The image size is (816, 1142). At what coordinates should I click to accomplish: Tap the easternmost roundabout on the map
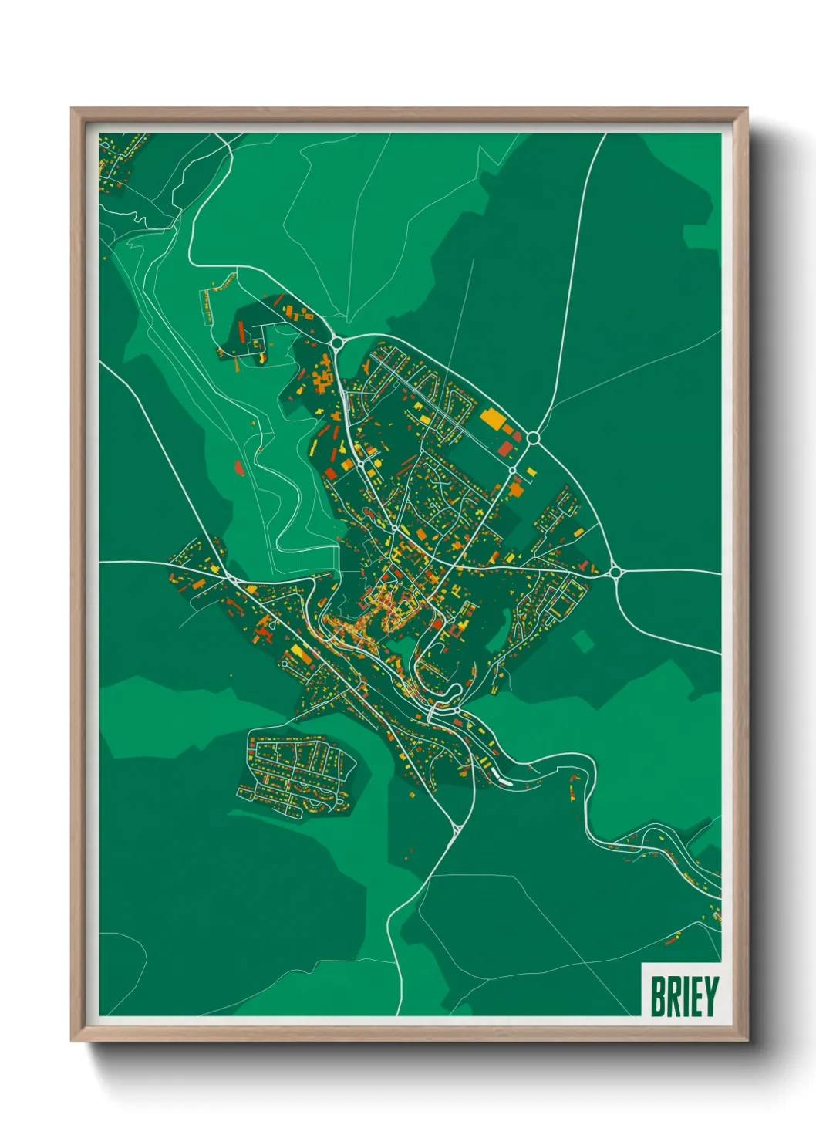[615, 572]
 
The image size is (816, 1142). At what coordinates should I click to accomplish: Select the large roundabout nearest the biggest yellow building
[532, 438]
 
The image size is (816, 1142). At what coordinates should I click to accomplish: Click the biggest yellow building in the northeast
[491, 419]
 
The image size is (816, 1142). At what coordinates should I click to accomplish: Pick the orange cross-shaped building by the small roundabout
[515, 486]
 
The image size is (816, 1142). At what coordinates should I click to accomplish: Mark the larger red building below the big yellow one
[505, 449]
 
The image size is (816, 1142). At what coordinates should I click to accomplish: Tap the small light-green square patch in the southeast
[584, 640]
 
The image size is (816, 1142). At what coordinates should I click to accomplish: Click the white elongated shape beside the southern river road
[506, 782]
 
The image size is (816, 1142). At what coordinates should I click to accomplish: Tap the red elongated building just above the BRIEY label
[673, 938]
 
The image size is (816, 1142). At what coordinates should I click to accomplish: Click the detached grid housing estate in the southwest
[297, 772]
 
